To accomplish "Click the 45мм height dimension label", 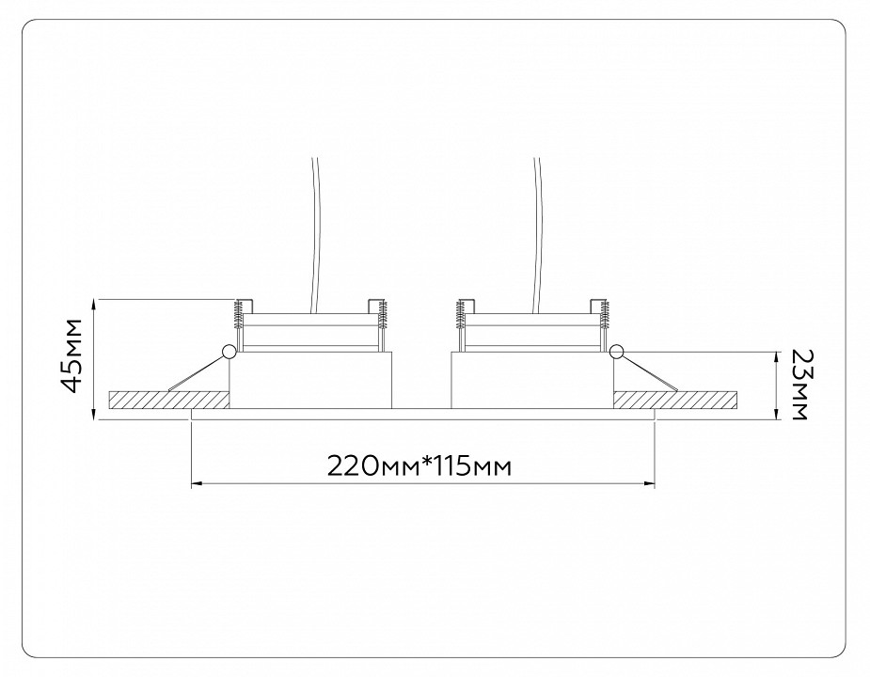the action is [72, 355].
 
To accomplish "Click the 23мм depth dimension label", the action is [799, 385].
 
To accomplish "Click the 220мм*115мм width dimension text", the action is [419, 466].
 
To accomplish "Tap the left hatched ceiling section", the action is [169, 401].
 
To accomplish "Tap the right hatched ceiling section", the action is [676, 401].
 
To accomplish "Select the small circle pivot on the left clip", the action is [228, 351].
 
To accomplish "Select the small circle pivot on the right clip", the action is [616, 351].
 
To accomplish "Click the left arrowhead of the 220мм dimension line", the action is [196, 484].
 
